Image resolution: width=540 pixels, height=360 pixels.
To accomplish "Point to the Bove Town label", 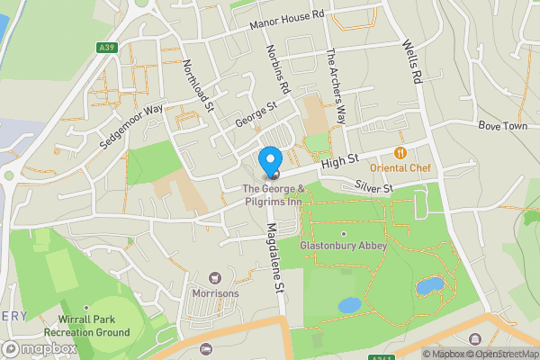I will [x=501, y=125].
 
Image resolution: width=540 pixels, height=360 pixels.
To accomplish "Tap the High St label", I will [x=340, y=159].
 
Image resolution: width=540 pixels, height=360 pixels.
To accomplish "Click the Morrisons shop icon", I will [x=214, y=278].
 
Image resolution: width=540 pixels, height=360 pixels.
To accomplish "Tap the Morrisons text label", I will [x=214, y=293].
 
